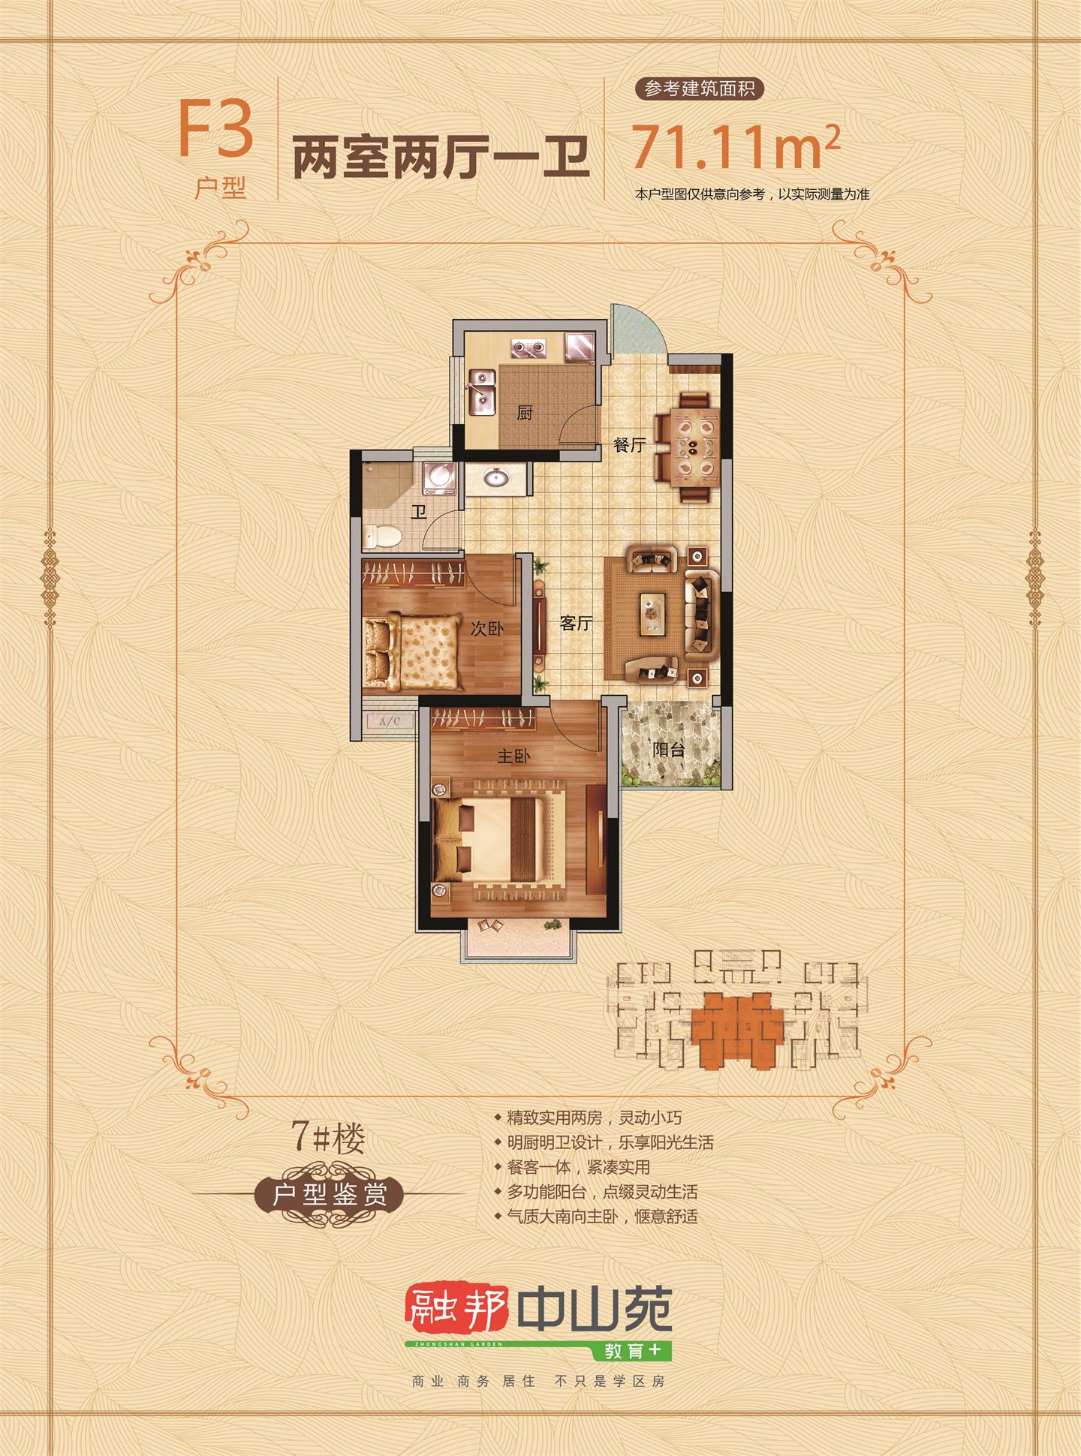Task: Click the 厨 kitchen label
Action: tap(525, 413)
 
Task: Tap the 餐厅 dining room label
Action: tap(629, 445)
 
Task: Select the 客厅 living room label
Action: tap(577, 623)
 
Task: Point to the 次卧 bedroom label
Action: tap(486, 628)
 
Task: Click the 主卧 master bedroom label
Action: tap(513, 756)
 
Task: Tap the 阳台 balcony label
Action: tap(668, 748)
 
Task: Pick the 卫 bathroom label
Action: tap(418, 513)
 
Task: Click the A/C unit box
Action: tap(390, 722)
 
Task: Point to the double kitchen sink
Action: tap(482, 393)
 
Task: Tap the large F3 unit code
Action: tap(216, 130)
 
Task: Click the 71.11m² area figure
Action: tap(736, 147)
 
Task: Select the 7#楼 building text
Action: tap(329, 1139)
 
